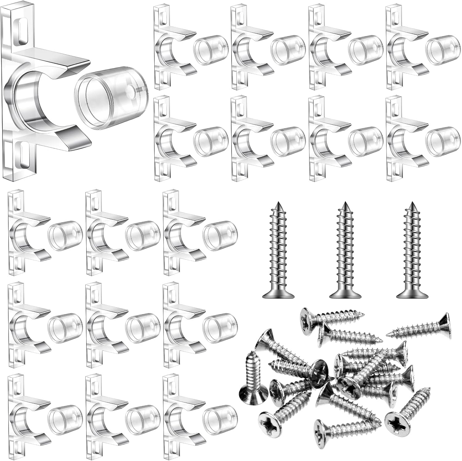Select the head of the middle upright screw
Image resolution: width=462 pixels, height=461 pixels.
point(345,295)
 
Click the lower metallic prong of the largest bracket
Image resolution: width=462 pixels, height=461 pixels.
point(74,136)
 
